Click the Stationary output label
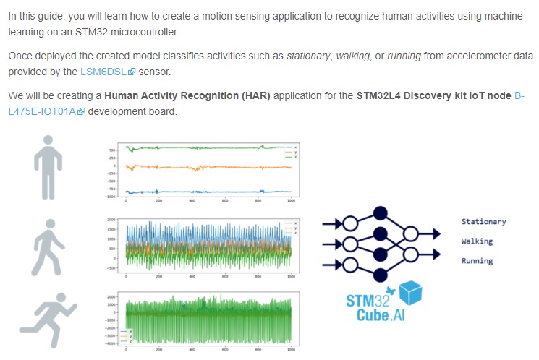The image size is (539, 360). tap(483, 222)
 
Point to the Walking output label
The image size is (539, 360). tap(477, 241)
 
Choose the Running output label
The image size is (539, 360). tap(477, 261)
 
